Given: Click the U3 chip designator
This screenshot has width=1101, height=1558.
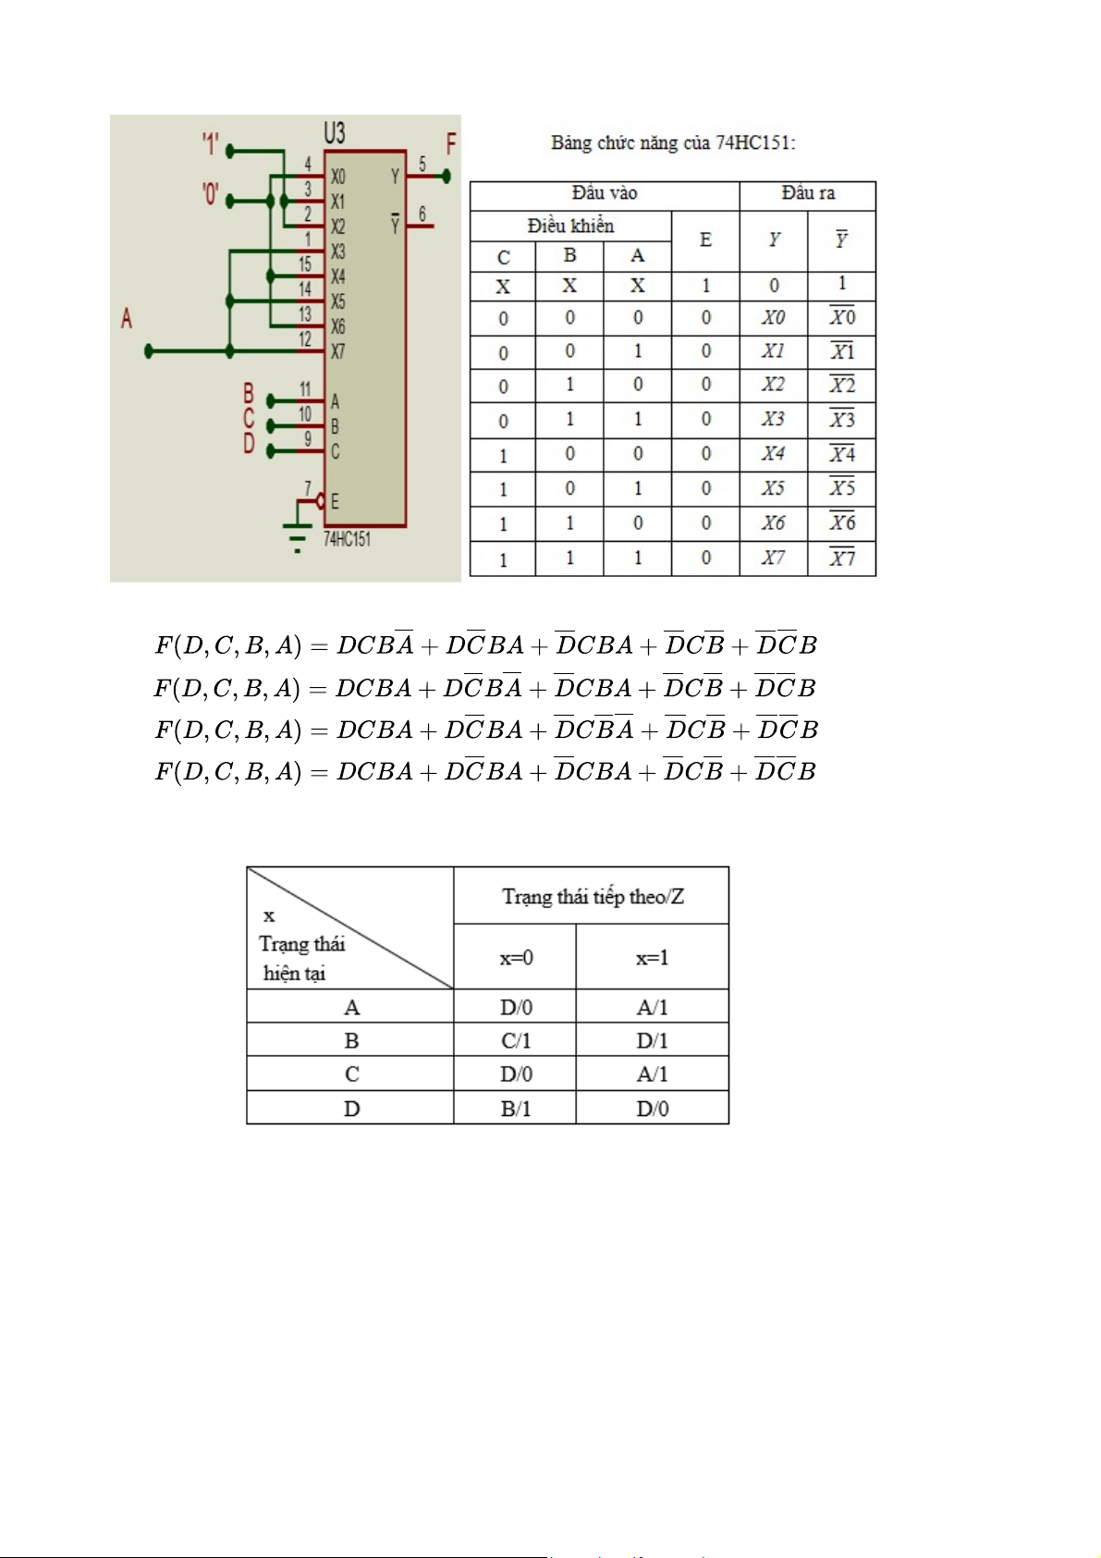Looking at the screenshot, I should click(x=335, y=133).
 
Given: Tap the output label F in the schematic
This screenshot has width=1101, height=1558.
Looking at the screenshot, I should click(x=451, y=143).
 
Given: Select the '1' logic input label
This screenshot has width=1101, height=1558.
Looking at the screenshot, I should click(x=211, y=144).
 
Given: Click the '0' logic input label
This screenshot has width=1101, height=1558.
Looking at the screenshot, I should click(x=211, y=194).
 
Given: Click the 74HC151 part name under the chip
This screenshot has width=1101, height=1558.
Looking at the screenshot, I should click(x=347, y=539).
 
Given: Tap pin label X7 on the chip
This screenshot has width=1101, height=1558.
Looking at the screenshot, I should click(x=337, y=352).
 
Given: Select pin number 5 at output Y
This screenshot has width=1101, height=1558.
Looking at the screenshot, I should click(x=422, y=165).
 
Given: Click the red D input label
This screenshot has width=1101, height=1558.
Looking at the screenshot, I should click(x=249, y=445).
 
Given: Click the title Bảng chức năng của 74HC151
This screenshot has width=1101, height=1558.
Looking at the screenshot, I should click(x=673, y=142).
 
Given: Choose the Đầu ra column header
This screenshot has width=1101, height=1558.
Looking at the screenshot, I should click(x=807, y=193).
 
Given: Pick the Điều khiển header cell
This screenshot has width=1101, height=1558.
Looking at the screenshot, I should click(x=570, y=226).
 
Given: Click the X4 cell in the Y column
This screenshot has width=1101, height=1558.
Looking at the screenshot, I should click(x=773, y=454).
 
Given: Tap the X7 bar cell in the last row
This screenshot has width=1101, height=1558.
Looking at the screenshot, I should click(x=841, y=558).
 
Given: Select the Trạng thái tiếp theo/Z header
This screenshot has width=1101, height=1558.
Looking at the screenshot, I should click(x=592, y=896).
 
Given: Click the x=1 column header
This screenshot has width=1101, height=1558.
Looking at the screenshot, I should click(x=652, y=958).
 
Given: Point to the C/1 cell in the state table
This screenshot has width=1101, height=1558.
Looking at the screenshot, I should click(x=515, y=1041).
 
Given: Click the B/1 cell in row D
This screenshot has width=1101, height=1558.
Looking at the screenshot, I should click(x=515, y=1109).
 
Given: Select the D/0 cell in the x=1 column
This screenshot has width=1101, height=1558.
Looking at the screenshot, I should click(x=652, y=1109).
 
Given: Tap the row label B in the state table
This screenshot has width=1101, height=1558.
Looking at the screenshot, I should click(x=351, y=1041).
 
